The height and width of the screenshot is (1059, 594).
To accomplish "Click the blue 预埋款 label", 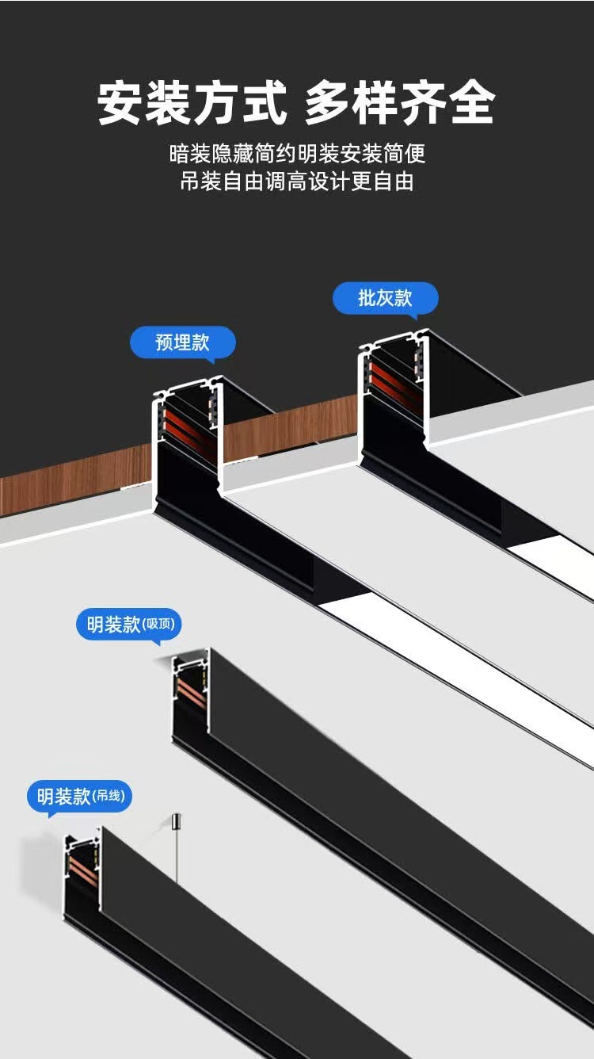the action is coord(183,342).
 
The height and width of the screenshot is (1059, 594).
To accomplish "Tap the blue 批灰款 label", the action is coord(385,298).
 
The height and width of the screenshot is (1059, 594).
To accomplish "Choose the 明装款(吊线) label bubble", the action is coord(79,796).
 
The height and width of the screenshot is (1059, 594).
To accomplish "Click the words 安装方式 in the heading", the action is coord(192,104).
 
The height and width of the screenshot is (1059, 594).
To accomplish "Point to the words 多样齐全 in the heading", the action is coord(400,104).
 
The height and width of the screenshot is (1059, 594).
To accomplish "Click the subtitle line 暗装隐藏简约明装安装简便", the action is coord(297,153).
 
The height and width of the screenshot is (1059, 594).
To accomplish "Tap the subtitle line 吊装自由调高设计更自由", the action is coord(297,182).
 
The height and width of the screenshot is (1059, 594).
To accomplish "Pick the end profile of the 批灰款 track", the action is coord(393,396).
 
